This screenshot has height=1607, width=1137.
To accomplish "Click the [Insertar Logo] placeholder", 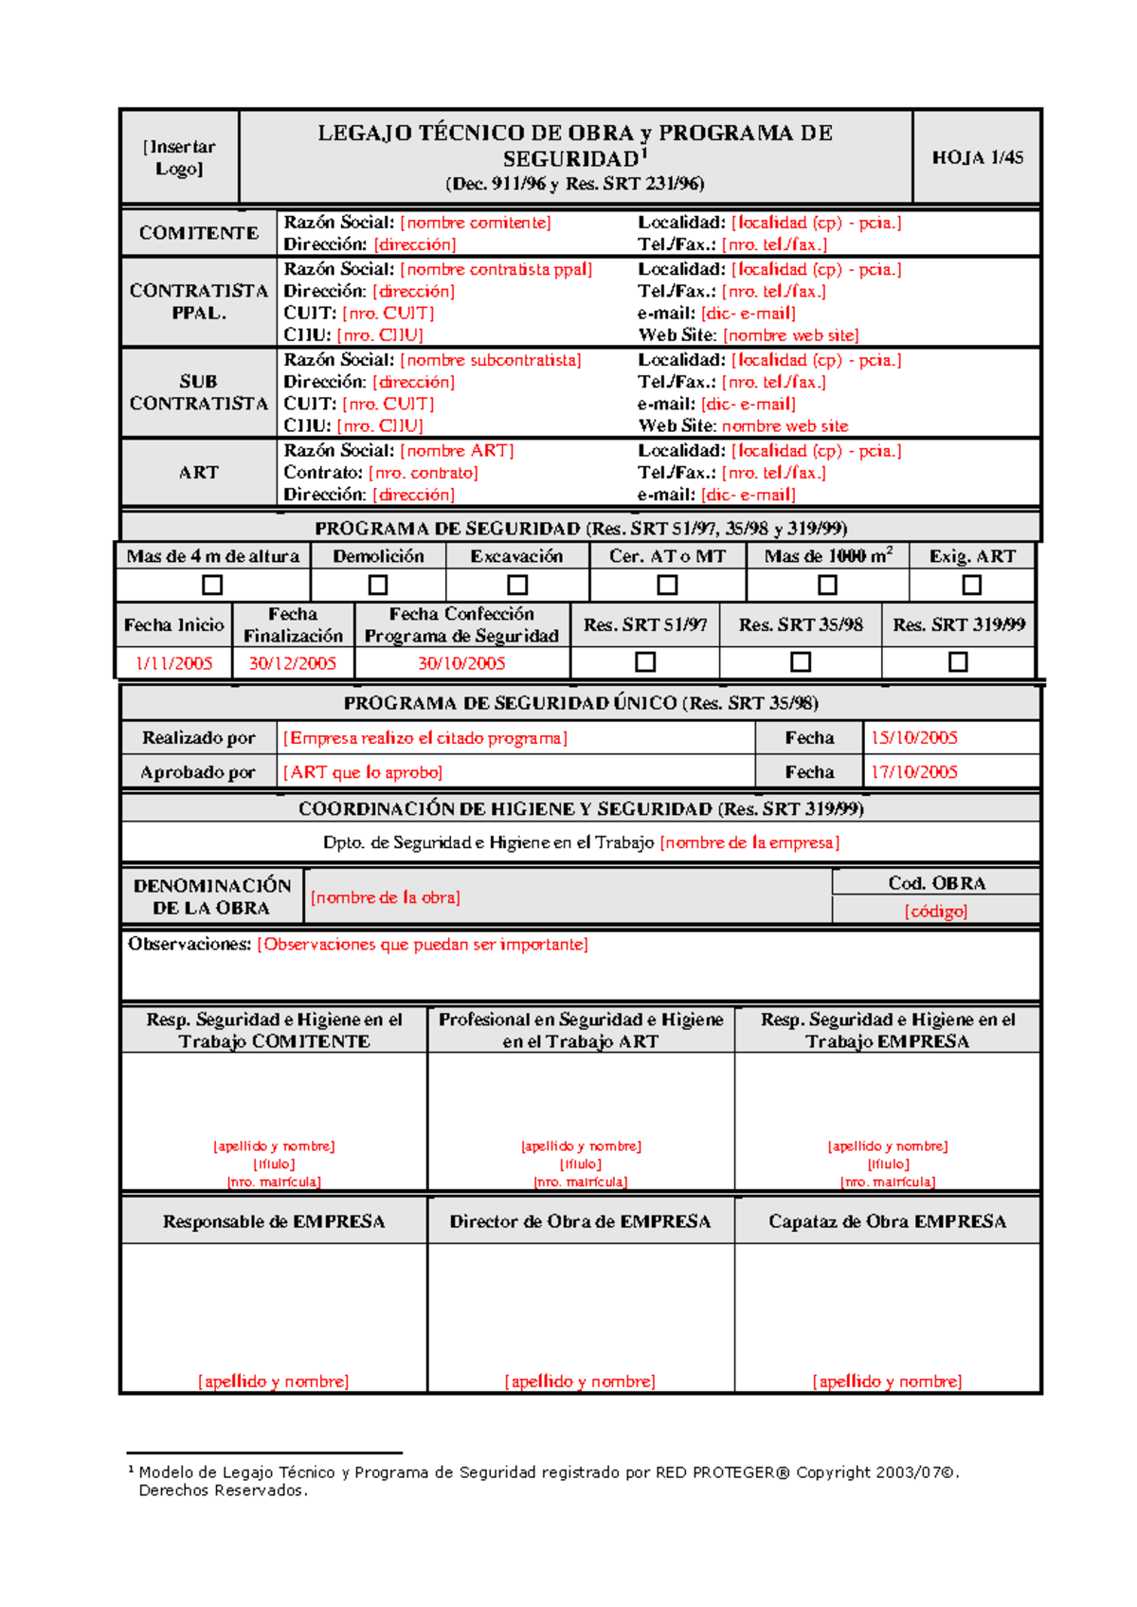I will point(179,157).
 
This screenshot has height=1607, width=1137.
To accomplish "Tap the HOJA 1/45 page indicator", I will point(977,157).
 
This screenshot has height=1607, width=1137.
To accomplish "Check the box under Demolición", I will point(378,585).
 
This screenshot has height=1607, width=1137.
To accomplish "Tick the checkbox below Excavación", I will point(517,585).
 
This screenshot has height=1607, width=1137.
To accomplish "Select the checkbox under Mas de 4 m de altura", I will point(213,585).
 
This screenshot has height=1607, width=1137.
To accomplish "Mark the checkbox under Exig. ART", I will point(971,585).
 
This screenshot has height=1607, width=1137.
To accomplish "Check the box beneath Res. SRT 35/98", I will point(801,661).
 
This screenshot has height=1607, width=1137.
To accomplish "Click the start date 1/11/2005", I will point(174,663).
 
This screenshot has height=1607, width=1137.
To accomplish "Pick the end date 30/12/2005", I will point(293,663).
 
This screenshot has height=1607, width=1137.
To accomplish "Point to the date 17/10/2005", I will point(914,772).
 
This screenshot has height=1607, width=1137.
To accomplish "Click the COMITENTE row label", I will point(198,233).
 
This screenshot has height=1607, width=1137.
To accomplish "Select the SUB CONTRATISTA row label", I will point(198,392).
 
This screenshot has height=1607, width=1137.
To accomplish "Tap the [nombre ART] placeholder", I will point(458,451).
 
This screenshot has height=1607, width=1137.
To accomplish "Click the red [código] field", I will point(936,911).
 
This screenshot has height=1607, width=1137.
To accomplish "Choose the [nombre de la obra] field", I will point(386,897).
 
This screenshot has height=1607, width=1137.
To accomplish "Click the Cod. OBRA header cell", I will point(936,883).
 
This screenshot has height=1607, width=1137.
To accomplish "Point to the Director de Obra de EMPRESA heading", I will point(580,1221).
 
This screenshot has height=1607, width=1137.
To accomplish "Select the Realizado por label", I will point(198,738).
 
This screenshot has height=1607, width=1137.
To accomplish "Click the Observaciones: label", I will point(189,945).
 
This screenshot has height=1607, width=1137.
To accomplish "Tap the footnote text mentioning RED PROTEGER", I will point(549,1472).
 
